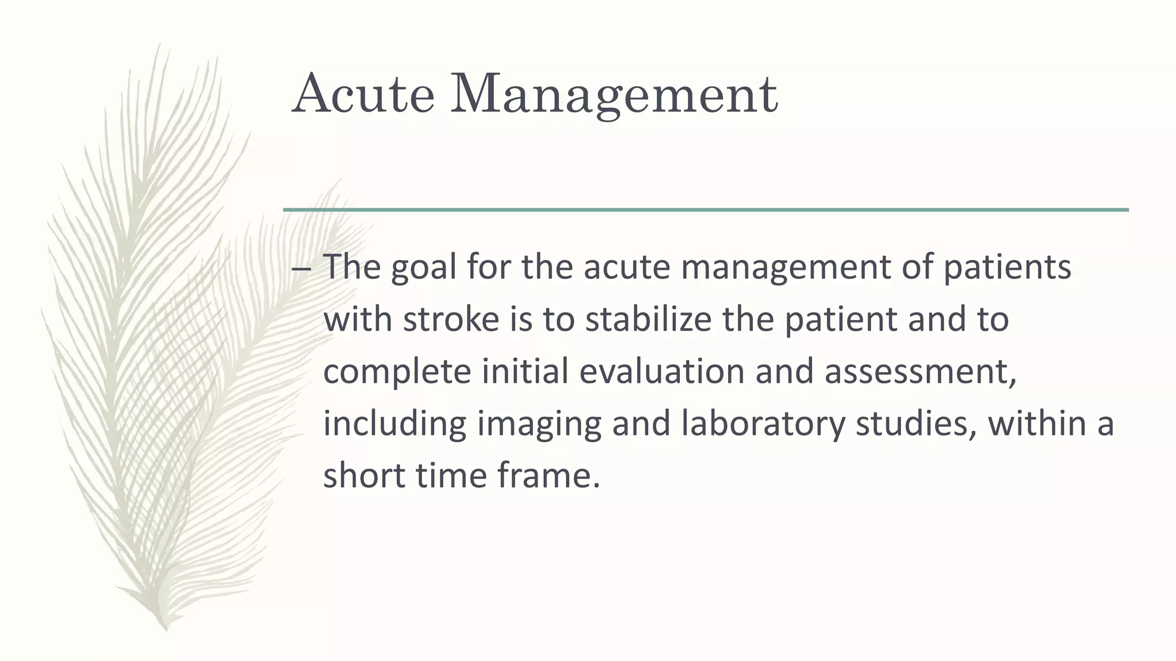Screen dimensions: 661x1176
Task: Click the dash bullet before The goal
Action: pyautogui.click(x=301, y=268)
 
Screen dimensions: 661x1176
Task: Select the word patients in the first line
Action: pyautogui.click(x=1007, y=268)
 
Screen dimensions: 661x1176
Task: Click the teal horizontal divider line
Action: pyautogui.click(x=706, y=210)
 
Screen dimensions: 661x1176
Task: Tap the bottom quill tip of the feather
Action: pyautogui.click(x=166, y=628)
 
